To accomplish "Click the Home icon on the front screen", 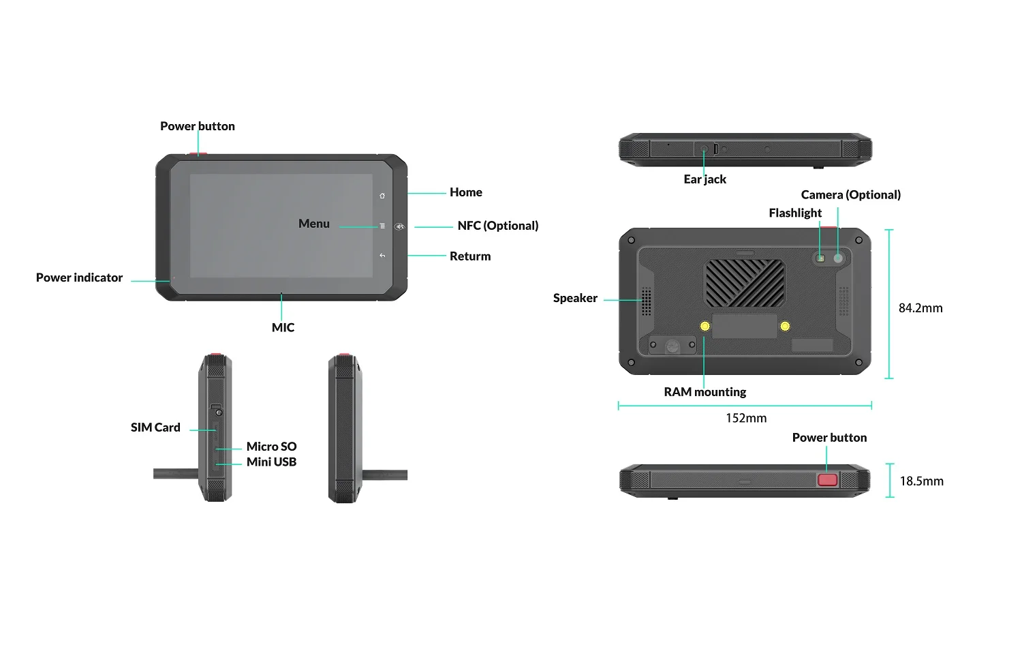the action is [x=382, y=196].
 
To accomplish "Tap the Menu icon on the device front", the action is [x=382, y=226].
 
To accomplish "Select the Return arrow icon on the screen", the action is [x=382, y=256].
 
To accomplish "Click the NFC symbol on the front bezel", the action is [x=399, y=226].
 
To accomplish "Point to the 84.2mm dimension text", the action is [x=920, y=308].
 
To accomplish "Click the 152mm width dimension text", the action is [x=746, y=418].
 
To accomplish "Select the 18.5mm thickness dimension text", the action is [x=921, y=481].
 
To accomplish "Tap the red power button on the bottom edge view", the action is [x=827, y=480].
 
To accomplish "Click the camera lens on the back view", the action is [x=837, y=258].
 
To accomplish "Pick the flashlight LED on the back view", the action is [x=820, y=259].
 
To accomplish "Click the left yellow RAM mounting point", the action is [x=705, y=326].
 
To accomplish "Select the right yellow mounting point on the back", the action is [x=785, y=326].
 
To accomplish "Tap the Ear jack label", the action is [x=705, y=179].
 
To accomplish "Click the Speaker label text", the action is [x=575, y=298].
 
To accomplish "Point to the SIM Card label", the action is [x=155, y=427].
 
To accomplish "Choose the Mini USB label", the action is [x=271, y=462].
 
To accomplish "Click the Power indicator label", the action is [x=80, y=277].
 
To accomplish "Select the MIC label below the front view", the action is [x=283, y=327].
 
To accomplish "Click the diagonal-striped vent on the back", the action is [x=745, y=283].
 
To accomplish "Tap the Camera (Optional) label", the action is [x=851, y=195].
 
